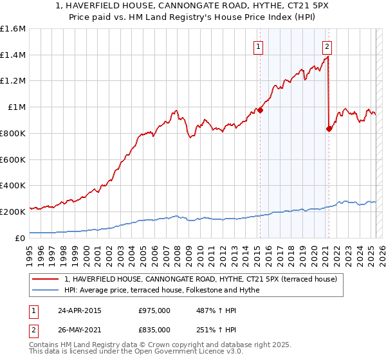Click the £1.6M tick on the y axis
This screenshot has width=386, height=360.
(x=13, y=29)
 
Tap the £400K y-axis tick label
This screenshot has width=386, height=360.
(x=13, y=185)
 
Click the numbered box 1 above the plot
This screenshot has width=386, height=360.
(x=258, y=46)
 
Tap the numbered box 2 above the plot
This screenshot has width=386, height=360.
(x=327, y=46)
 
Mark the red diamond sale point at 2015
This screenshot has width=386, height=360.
(x=260, y=110)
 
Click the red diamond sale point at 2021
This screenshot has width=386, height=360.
(x=329, y=129)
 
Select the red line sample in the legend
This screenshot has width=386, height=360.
(x=46, y=279)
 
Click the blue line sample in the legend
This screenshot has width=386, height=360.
(x=46, y=290)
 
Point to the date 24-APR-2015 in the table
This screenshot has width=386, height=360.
(x=78, y=310)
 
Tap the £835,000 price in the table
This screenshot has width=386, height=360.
(x=154, y=330)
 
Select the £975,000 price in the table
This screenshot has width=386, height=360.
(x=154, y=310)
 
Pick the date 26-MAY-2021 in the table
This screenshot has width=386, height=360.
(x=79, y=330)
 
